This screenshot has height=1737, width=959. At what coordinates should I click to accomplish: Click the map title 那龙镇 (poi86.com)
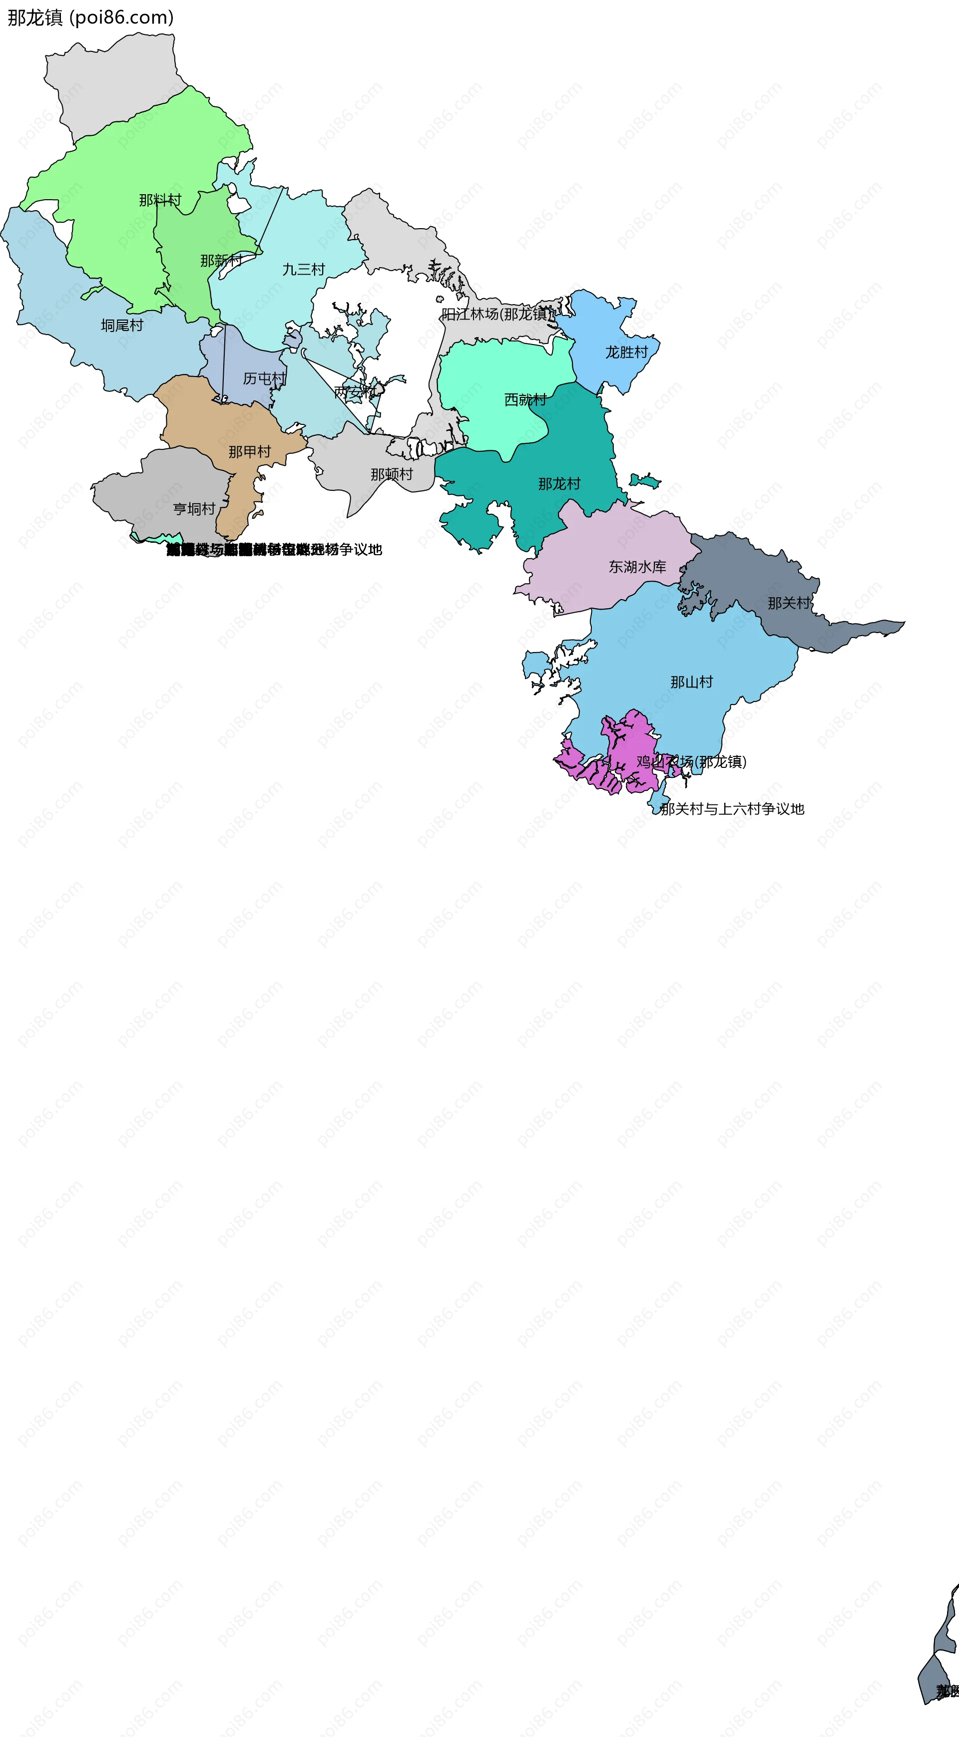(x=90, y=17)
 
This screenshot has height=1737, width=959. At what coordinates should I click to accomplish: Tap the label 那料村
(x=160, y=200)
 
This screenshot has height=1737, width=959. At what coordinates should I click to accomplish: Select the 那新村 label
(x=221, y=260)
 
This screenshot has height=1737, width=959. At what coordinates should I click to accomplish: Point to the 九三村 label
(x=304, y=270)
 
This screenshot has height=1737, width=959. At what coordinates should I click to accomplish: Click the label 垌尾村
(x=122, y=326)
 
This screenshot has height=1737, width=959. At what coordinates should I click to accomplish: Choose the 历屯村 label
(x=264, y=379)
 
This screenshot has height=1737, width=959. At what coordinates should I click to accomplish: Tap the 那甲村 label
(x=250, y=452)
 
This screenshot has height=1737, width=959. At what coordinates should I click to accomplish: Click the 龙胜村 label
(x=626, y=352)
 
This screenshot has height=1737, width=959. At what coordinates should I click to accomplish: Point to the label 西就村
(x=525, y=400)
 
